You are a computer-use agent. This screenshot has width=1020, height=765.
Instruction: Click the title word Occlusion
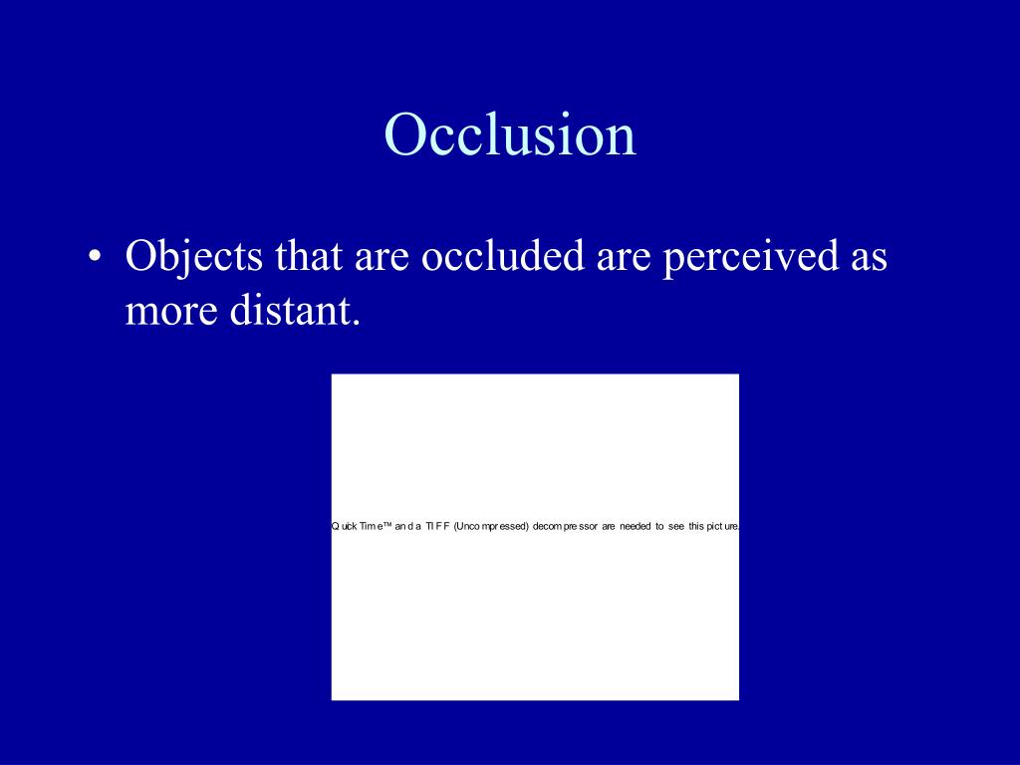510,134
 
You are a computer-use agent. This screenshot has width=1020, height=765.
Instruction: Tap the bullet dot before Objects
94,259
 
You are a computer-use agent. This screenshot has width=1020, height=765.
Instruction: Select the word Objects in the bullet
195,257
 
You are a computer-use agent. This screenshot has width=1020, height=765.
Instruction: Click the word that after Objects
308,257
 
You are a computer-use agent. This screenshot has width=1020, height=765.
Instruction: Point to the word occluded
503,257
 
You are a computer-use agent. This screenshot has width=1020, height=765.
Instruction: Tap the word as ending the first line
867,259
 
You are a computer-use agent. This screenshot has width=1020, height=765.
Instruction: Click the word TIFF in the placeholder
437,526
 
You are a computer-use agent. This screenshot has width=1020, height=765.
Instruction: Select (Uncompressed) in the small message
490,526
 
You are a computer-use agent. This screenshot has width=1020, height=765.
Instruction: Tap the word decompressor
565,526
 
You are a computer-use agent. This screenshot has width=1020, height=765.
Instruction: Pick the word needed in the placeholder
635,526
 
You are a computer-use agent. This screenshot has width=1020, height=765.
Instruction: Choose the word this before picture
696,526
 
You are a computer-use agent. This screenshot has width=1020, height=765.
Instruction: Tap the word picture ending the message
723,526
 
